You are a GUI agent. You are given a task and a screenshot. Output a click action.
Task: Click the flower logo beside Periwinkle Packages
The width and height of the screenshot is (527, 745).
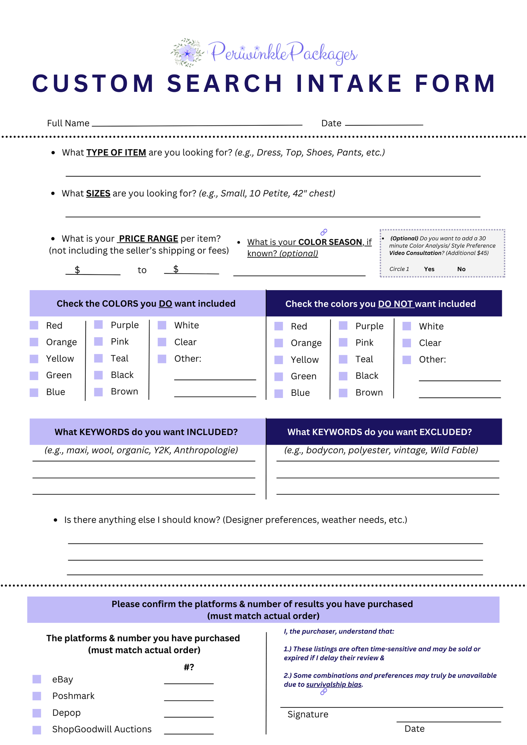click(x=187, y=53)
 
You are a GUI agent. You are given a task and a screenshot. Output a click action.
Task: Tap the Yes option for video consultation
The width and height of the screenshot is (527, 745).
click(x=429, y=269)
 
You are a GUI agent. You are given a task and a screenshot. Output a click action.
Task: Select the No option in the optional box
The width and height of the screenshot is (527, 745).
click(x=461, y=269)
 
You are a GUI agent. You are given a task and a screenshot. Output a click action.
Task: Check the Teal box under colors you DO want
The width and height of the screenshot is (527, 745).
click(x=98, y=358)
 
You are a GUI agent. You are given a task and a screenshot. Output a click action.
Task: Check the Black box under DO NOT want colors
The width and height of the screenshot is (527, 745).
click(x=343, y=376)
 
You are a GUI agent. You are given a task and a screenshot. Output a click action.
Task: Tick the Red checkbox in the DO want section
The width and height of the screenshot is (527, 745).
click(x=34, y=325)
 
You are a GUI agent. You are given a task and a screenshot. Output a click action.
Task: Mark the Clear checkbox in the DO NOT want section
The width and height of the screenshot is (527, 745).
click(x=407, y=343)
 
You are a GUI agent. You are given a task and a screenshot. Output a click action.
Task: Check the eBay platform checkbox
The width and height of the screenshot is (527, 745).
click(x=37, y=679)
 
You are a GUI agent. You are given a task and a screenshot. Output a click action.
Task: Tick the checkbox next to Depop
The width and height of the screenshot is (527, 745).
click(x=37, y=713)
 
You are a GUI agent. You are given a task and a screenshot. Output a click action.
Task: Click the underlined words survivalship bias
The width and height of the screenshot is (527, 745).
click(x=334, y=684)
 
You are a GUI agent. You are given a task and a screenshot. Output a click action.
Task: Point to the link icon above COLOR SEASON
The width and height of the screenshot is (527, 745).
click(x=324, y=232)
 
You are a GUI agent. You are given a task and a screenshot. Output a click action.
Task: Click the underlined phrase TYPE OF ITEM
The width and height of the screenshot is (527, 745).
click(x=116, y=152)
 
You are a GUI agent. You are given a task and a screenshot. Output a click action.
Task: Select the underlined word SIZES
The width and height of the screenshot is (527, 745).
click(x=98, y=193)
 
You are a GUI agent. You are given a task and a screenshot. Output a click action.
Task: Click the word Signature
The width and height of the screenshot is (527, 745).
click(x=308, y=714)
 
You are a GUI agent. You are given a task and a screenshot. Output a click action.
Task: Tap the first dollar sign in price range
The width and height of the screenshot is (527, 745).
click(x=77, y=270)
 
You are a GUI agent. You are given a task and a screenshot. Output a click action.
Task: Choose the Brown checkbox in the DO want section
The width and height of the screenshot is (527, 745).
click(x=98, y=392)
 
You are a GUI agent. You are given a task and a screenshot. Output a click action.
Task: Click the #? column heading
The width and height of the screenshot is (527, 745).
click(x=189, y=667)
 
